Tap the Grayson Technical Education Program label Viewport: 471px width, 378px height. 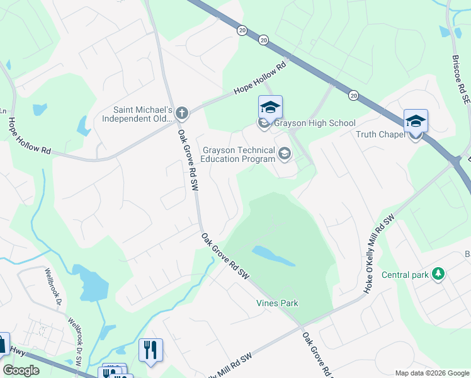[x=238, y=154]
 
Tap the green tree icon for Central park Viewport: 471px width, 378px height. [x=438, y=274]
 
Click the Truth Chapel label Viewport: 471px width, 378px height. [x=383, y=134]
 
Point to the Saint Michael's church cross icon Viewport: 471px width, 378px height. [x=181, y=113]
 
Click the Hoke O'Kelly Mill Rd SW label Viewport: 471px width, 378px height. [x=377, y=252]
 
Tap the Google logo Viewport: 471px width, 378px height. [x=21, y=370]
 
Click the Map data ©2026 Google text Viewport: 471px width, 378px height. [x=432, y=373]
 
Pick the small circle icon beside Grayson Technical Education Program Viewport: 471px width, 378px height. [x=285, y=154]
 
